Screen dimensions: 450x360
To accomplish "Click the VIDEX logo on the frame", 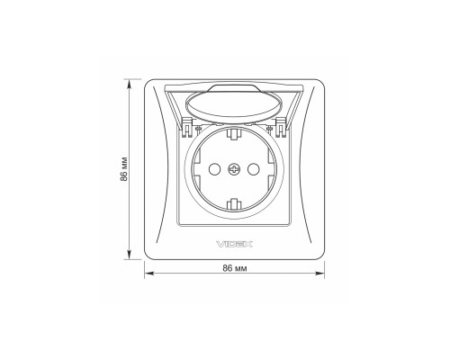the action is point(234,244).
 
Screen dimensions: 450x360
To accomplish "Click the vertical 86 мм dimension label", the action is point(124,169).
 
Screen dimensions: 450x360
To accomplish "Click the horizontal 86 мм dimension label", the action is point(235,268).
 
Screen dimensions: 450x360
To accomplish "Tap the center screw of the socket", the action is point(234,169).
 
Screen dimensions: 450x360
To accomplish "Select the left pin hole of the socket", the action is point(214,169).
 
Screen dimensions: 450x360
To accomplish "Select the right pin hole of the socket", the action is point(253,169).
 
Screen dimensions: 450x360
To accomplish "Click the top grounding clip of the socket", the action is point(234,133).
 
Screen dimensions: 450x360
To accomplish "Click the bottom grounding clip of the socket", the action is point(234,204).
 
